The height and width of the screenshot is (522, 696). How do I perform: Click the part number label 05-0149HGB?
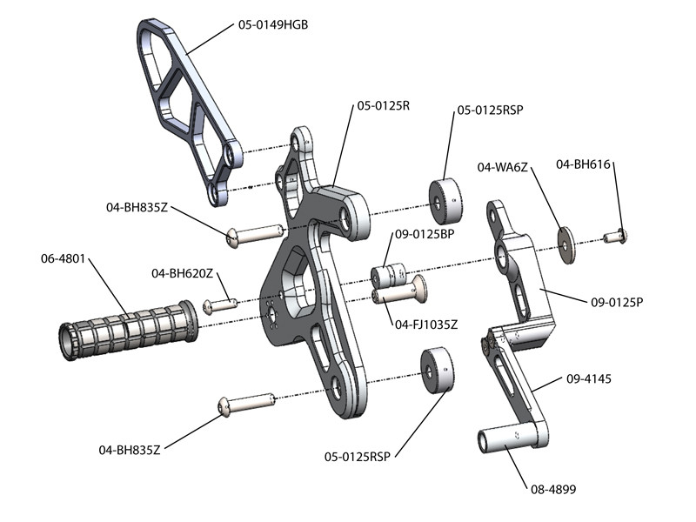tap(272, 25)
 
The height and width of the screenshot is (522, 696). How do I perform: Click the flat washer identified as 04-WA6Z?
tap(566, 244)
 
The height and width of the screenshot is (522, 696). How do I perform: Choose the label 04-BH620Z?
tap(184, 274)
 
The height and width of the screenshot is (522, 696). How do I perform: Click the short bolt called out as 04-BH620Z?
tap(221, 304)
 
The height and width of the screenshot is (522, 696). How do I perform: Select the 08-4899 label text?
tap(553, 490)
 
